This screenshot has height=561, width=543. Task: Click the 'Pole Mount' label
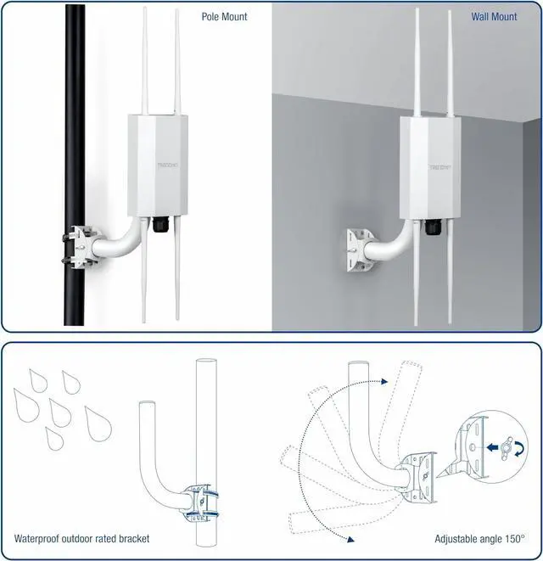[x=224, y=16]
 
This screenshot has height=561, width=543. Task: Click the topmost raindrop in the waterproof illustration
[x=36, y=380]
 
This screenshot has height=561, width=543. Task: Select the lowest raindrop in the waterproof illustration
[x=53, y=437]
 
